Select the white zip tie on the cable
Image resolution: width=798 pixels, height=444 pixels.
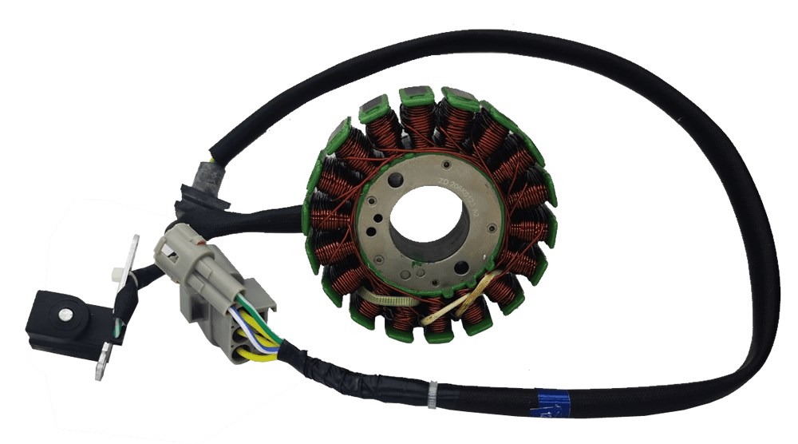[432, 394]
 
